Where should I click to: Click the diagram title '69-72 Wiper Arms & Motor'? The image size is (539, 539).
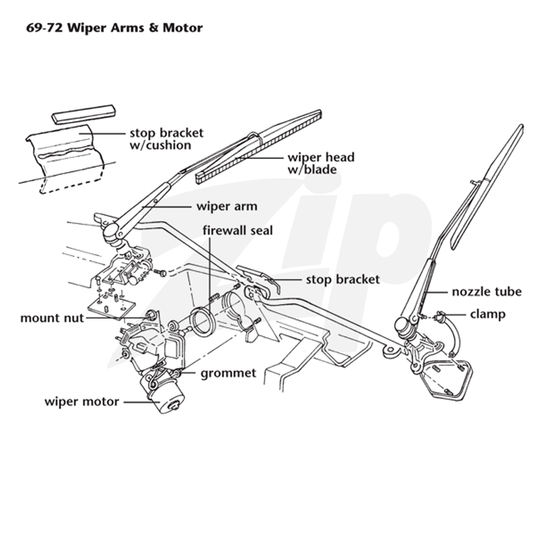[114, 28]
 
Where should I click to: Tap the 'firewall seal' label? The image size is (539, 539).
[238, 230]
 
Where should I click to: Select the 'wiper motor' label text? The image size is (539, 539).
[82, 402]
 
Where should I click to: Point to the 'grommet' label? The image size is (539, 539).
[228, 373]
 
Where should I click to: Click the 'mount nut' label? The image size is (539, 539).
[52, 318]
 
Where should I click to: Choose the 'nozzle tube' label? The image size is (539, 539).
[486, 292]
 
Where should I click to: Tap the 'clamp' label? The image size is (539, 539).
[488, 314]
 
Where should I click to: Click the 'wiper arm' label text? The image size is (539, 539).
[227, 207]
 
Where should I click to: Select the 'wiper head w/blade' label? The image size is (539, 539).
[321, 163]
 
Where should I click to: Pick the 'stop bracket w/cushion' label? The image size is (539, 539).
[166, 139]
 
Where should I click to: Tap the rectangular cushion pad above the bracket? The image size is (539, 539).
[83, 114]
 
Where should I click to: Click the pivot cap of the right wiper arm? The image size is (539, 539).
[402, 325]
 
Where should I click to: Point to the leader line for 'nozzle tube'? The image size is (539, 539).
[436, 292]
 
